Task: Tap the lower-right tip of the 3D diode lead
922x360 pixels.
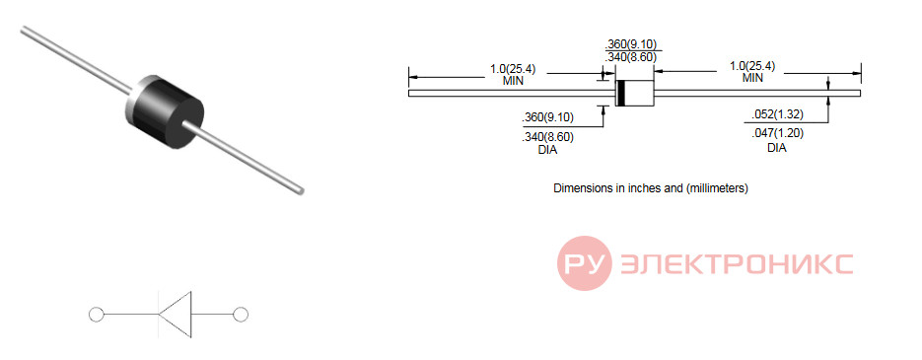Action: [x=302, y=190]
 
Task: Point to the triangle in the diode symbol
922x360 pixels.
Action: [x=176, y=315]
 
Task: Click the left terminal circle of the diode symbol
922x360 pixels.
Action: [x=96, y=315]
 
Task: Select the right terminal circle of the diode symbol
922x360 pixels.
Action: [x=241, y=315]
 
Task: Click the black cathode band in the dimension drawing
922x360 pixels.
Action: [x=620, y=93]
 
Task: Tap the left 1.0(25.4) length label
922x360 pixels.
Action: [x=513, y=68]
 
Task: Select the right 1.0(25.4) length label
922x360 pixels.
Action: [x=752, y=65]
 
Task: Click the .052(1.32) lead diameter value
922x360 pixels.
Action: [x=777, y=114]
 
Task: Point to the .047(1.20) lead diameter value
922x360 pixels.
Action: [x=777, y=133]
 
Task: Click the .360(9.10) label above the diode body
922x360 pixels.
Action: [x=630, y=44]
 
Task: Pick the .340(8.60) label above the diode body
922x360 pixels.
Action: [x=630, y=57]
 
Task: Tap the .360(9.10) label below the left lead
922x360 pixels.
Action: [x=547, y=117]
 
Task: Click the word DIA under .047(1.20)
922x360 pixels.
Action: [x=777, y=148]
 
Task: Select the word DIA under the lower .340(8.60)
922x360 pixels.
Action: [x=547, y=151]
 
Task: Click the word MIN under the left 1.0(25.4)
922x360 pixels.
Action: [x=513, y=81]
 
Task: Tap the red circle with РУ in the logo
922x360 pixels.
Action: [x=585, y=263]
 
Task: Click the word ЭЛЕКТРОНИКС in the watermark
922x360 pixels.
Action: [x=737, y=264]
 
